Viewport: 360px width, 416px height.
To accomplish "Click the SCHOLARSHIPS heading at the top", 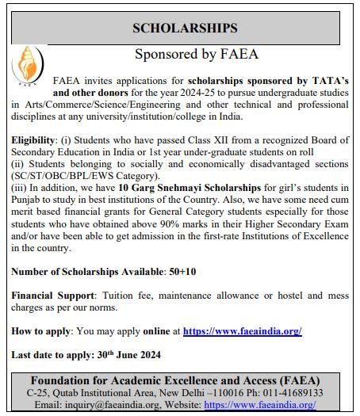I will click(185, 29).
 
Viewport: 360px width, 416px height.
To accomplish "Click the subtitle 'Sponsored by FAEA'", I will click(197, 55).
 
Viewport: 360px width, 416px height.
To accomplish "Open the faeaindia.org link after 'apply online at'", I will click(242, 330).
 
